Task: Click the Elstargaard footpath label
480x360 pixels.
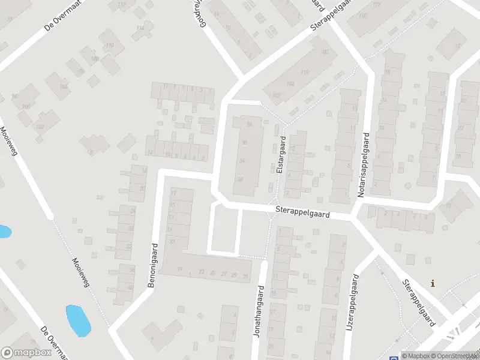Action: click(x=280, y=155)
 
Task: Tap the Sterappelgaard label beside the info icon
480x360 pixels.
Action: click(x=418, y=302)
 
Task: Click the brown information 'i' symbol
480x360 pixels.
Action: click(x=433, y=283)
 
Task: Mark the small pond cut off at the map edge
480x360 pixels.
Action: click(x=4, y=231)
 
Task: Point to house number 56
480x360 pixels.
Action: click(x=249, y=124)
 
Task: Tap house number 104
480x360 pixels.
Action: click(x=64, y=86)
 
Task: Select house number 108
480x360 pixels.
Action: click(x=95, y=59)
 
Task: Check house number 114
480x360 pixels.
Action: click(x=140, y=28)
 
